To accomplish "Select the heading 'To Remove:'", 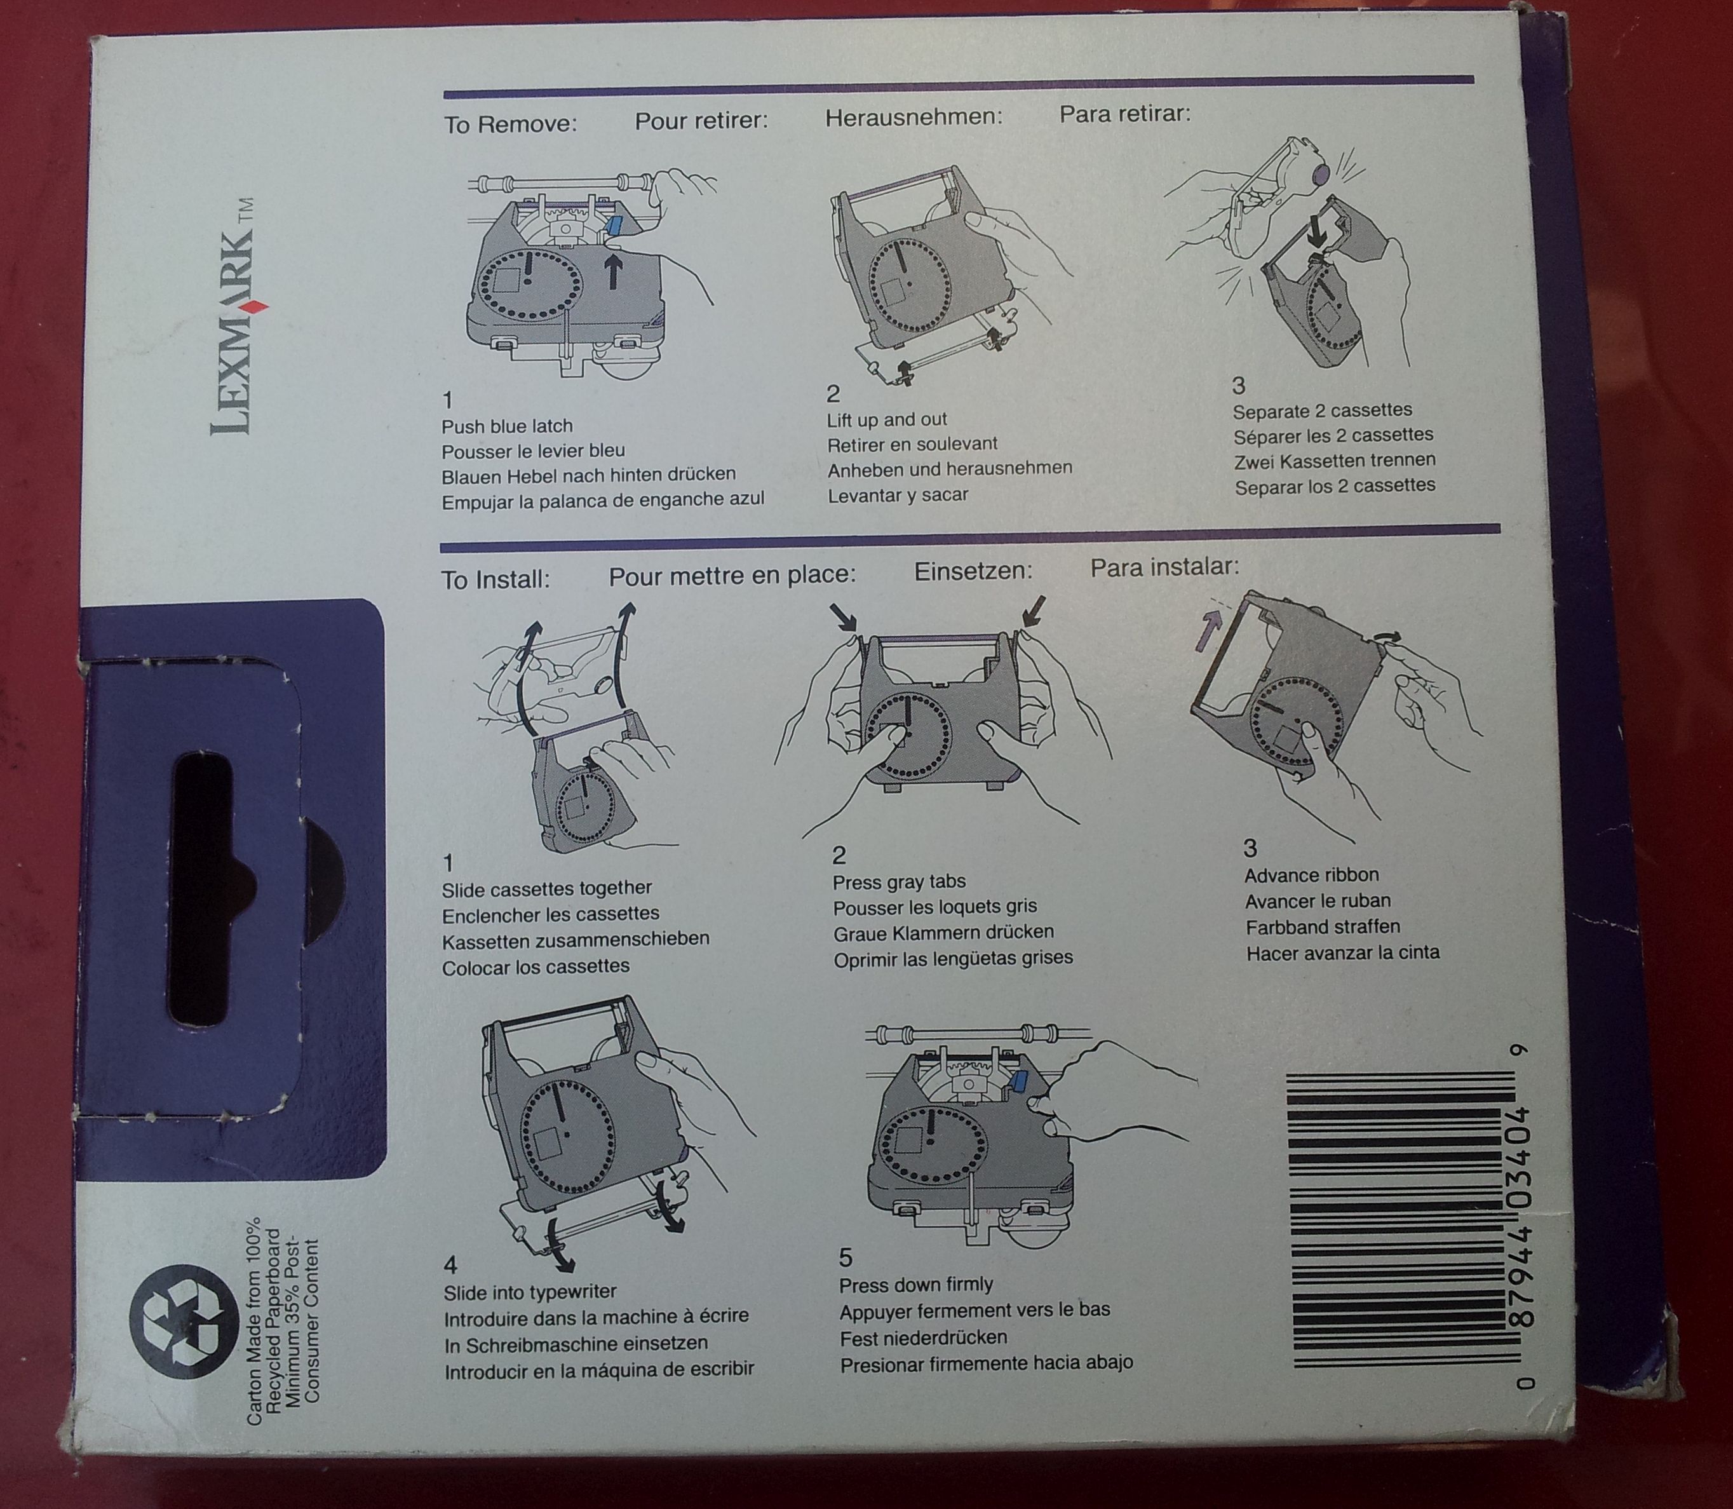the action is [x=510, y=125].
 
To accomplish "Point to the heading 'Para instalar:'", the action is [x=1164, y=567].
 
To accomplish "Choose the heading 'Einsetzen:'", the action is [x=973, y=571].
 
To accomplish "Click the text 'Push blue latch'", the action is [x=507, y=426].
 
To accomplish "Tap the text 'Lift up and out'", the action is [x=887, y=419].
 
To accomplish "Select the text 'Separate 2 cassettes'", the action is [x=1322, y=411].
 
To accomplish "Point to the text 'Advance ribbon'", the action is [x=1311, y=875].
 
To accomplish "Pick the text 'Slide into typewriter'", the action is [x=530, y=1292].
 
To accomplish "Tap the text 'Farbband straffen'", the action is [x=1322, y=927].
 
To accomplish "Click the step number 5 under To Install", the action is [x=846, y=1258].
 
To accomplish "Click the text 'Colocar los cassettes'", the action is [x=536, y=966].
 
